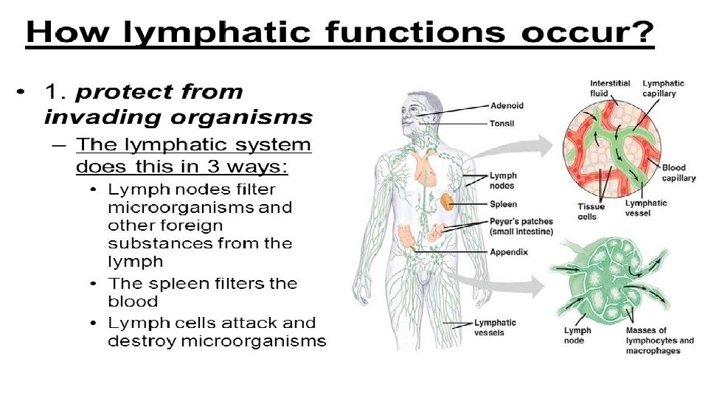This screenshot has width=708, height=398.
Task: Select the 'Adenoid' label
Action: click(507, 105)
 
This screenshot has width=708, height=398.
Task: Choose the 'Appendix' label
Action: click(509, 251)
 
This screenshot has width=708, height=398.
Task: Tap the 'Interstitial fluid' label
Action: click(609, 88)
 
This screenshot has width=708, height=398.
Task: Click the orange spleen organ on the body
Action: click(447, 200)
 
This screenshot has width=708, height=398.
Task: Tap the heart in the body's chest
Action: click(426, 169)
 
